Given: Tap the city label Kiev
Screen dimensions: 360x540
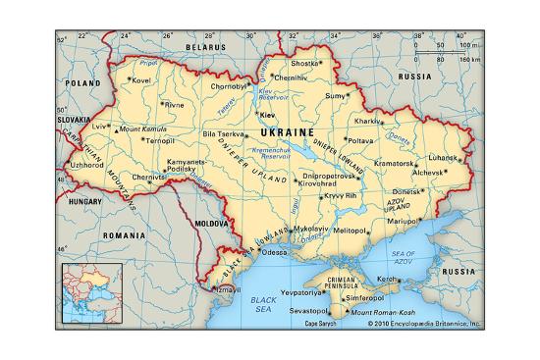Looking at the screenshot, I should [x=266, y=115].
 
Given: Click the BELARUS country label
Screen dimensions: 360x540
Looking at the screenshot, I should [x=207, y=46].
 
